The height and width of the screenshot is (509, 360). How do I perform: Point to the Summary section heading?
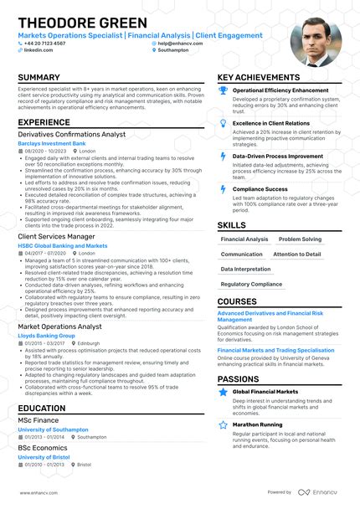click(x=39, y=78)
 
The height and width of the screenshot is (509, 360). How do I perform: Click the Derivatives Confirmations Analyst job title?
click(x=71, y=134)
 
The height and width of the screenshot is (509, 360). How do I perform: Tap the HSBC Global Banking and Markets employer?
click(x=63, y=246)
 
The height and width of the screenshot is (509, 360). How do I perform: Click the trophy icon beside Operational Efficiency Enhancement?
click(x=224, y=90)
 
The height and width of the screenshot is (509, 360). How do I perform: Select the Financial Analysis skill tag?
click(x=244, y=239)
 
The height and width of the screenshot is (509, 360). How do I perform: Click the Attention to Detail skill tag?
click(x=296, y=254)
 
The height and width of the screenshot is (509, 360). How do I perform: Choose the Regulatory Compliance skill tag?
click(x=251, y=284)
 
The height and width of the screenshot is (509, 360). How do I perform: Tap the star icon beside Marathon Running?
click(x=224, y=424)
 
